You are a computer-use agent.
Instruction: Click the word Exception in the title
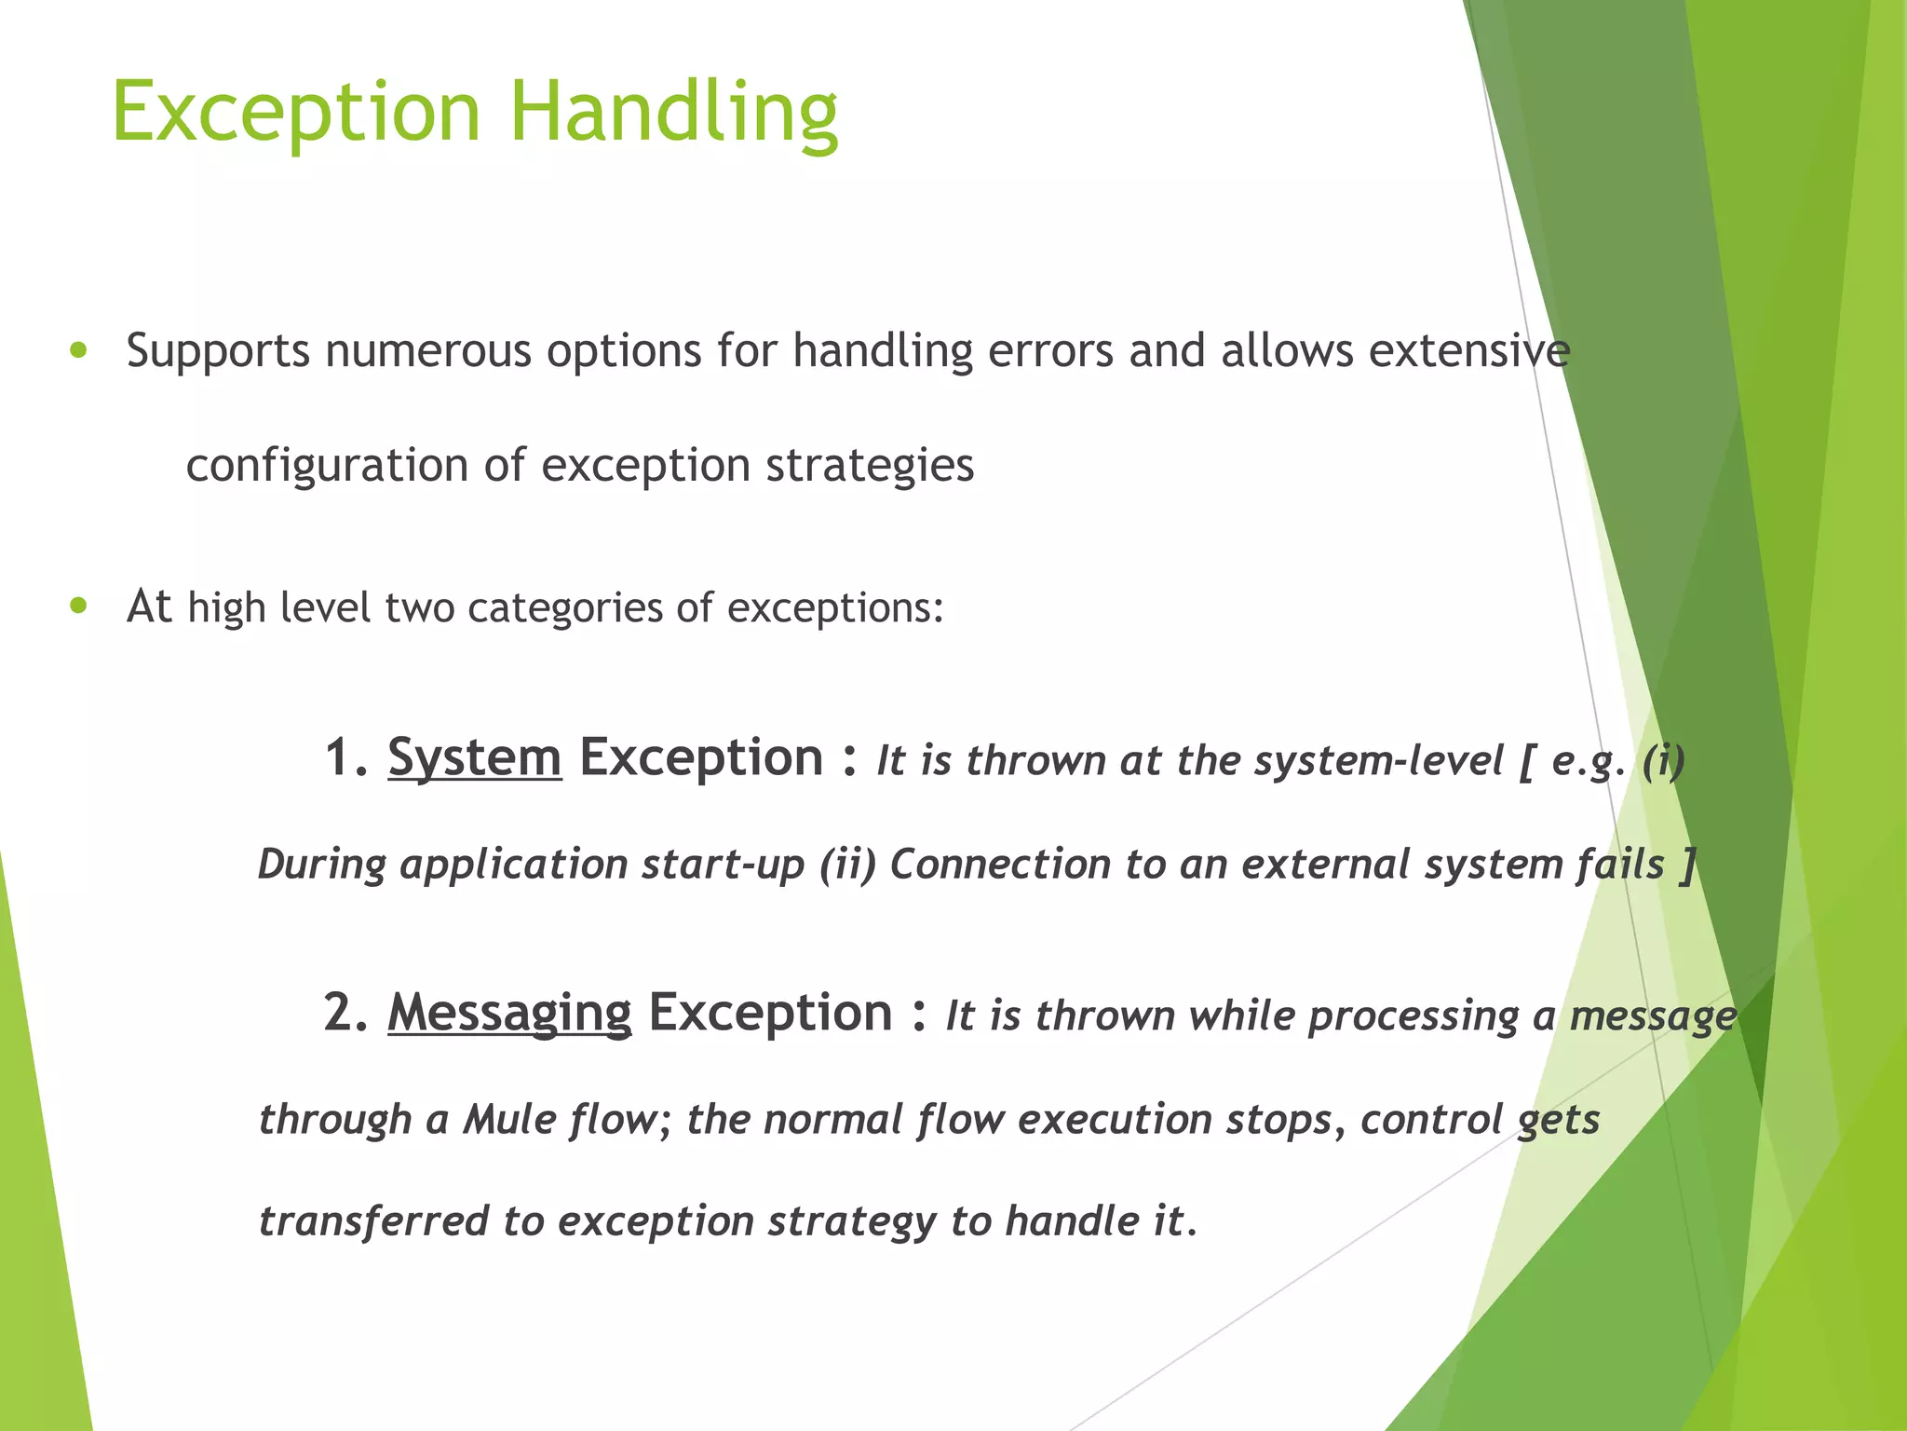coord(296,112)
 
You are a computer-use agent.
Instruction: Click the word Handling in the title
coord(674,112)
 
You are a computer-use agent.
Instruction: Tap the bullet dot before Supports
coord(78,351)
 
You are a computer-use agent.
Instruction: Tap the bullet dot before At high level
coord(78,606)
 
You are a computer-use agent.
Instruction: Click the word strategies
coord(870,465)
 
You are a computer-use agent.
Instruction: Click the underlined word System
coord(474,757)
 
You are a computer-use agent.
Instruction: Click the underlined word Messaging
coord(509,1013)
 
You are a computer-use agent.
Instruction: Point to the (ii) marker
coord(848,865)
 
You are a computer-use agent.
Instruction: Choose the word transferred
coord(373,1221)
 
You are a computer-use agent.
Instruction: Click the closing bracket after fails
coord(1686,865)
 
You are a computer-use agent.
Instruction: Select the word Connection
coord(1000,865)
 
